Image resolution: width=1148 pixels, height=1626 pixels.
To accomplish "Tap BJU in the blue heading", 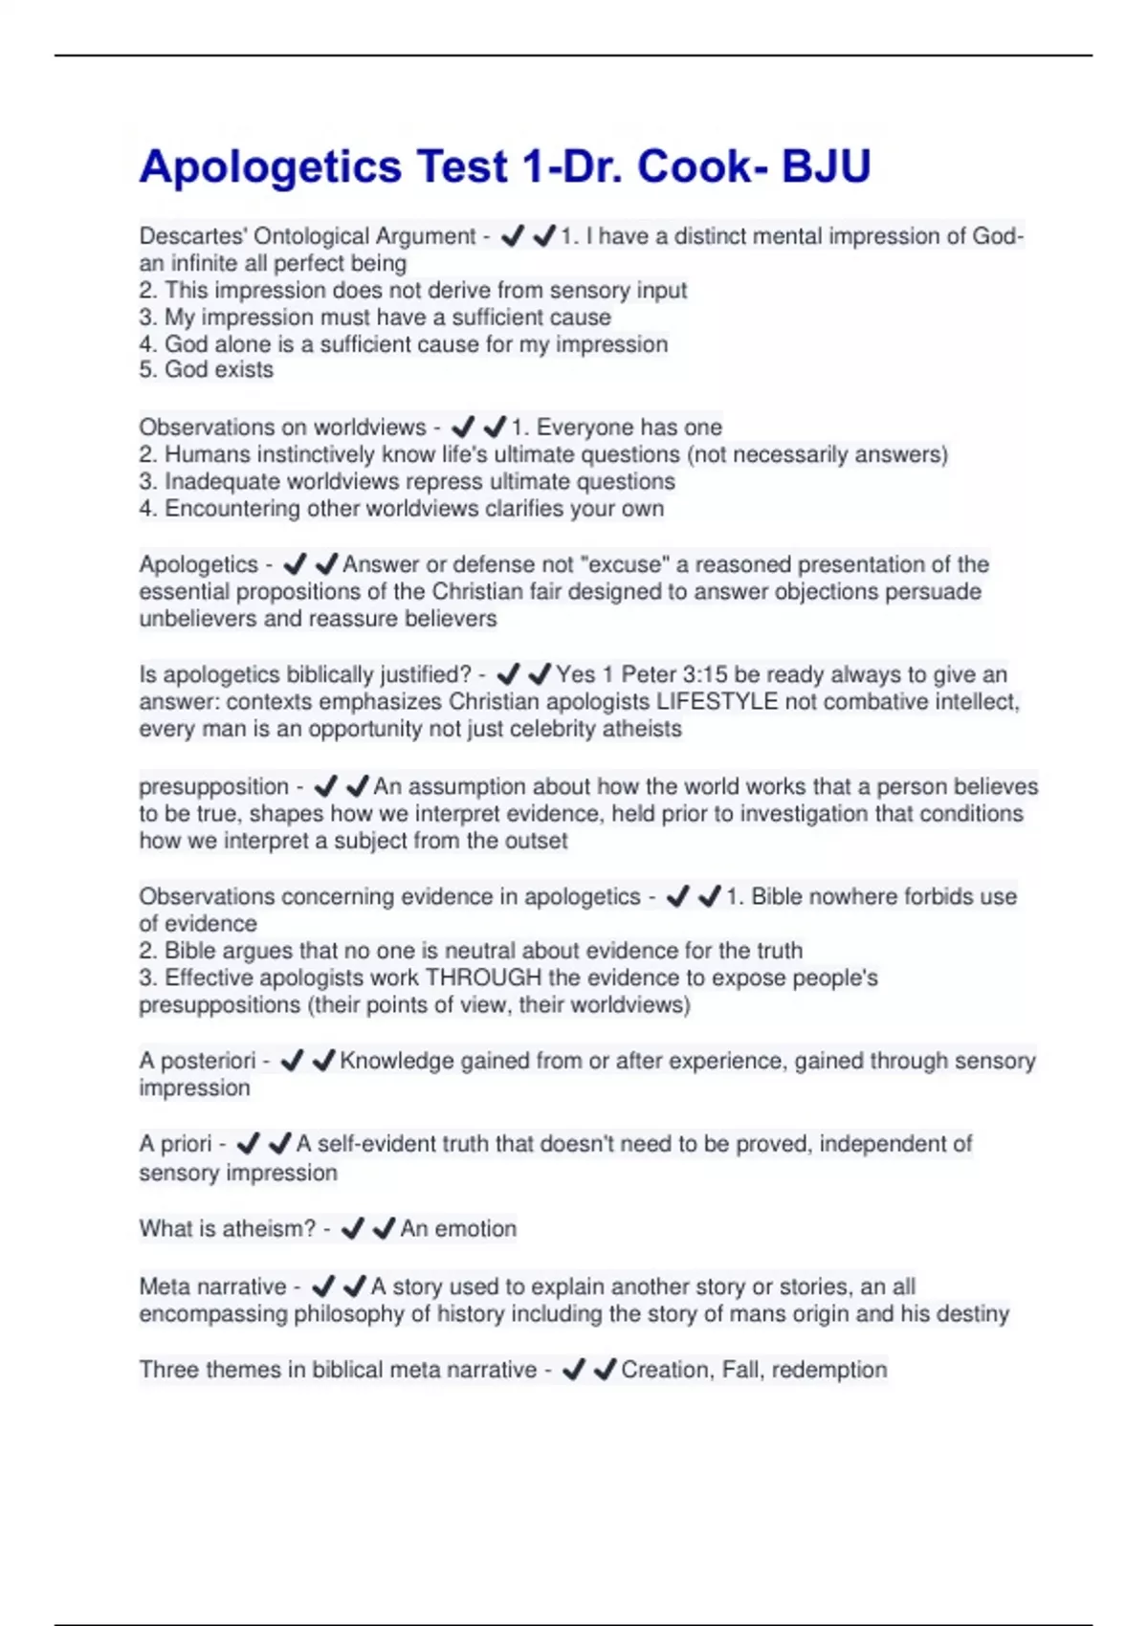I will (x=826, y=166).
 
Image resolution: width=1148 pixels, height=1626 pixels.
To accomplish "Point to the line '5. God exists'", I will (x=206, y=370).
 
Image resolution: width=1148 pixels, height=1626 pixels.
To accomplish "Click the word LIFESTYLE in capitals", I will (x=717, y=702).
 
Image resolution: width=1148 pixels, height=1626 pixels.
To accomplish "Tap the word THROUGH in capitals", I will (x=483, y=978).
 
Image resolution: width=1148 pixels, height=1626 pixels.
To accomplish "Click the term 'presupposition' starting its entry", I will (x=213, y=786).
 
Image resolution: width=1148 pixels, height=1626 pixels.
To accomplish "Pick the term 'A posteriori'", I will (x=197, y=1061).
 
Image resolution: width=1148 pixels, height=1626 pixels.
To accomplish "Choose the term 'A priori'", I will (x=175, y=1144).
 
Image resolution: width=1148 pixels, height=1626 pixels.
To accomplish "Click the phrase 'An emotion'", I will (x=458, y=1229).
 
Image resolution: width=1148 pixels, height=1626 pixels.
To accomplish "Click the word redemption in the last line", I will (x=829, y=1370).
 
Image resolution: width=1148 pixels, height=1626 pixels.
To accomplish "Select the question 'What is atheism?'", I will (x=227, y=1229).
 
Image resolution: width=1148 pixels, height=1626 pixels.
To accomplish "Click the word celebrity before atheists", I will (x=565, y=729).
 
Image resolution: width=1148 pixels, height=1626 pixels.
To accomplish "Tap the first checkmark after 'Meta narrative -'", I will (x=323, y=1286).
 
